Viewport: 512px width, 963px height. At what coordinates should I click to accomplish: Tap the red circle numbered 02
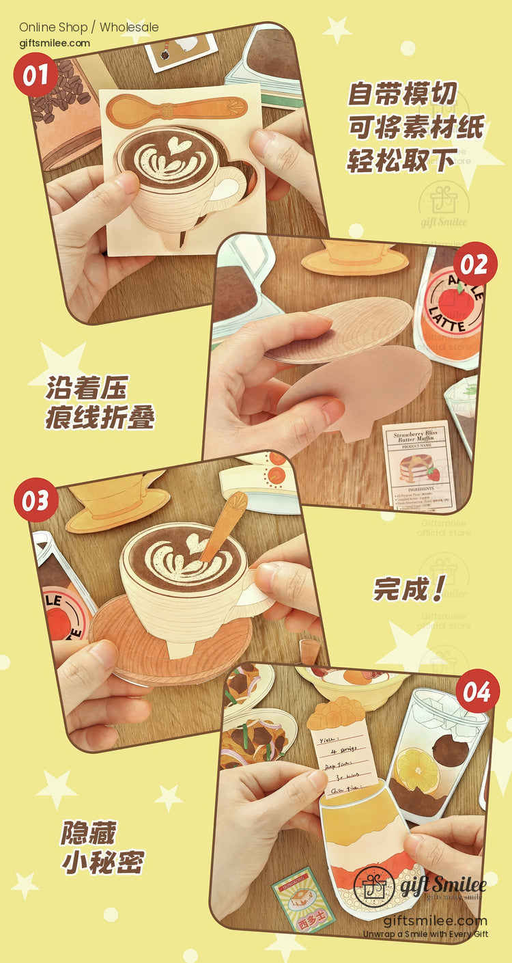(x=475, y=264)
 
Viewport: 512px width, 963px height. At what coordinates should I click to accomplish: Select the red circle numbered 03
(x=35, y=500)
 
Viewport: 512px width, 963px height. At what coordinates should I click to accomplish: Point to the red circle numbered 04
(x=478, y=691)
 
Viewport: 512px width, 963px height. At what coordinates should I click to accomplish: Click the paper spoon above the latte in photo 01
(x=177, y=108)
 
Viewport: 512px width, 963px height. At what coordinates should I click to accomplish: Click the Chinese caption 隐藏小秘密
(x=102, y=847)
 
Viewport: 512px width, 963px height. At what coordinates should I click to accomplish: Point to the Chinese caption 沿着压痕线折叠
(x=100, y=403)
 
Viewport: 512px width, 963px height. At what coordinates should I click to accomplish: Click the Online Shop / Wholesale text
(x=89, y=27)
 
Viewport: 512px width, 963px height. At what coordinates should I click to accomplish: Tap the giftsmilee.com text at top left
(x=55, y=43)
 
